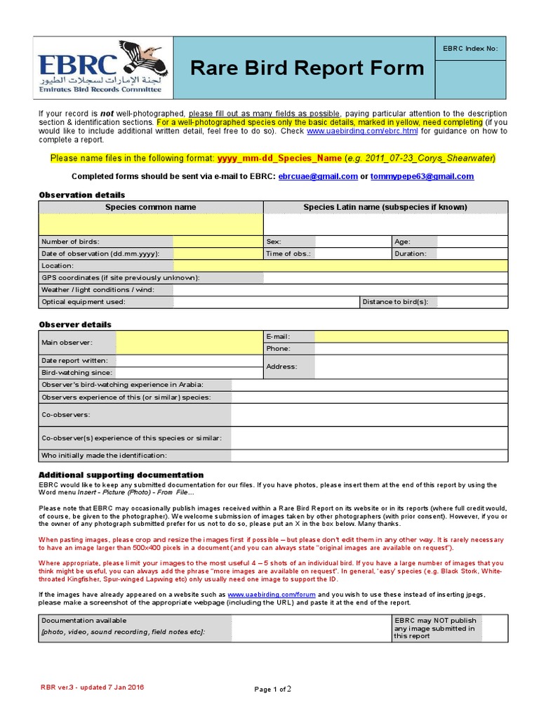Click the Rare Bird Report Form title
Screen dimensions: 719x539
click(x=308, y=68)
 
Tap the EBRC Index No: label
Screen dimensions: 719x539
click(x=470, y=48)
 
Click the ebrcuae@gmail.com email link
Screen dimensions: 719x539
click(x=318, y=176)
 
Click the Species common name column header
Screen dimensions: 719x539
click(x=150, y=207)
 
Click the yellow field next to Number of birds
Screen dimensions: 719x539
click(x=218, y=242)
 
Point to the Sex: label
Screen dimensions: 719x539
click(x=274, y=242)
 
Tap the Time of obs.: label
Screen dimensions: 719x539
click(x=288, y=253)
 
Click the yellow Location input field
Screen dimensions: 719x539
click(x=340, y=265)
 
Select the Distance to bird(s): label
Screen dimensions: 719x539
click(x=395, y=302)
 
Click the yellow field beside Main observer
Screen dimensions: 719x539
click(x=189, y=343)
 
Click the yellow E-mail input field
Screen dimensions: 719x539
click(x=411, y=336)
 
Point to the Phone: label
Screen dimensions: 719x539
click(x=278, y=348)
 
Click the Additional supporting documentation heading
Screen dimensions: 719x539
click(x=121, y=475)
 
